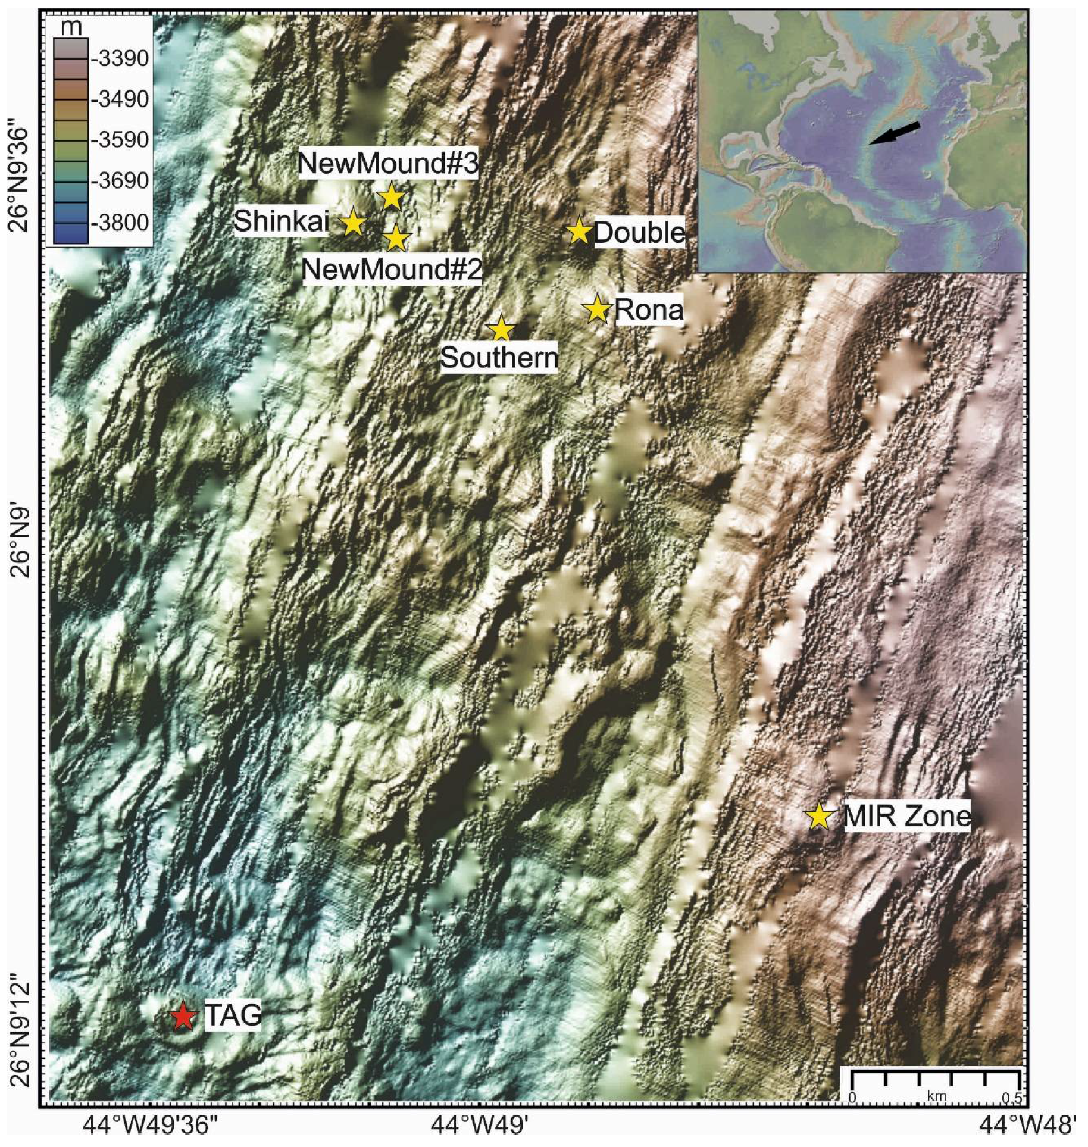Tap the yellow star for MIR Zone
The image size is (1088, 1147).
pos(819,817)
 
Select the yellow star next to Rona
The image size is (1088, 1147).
pos(597,309)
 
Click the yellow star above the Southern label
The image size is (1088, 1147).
pos(501,329)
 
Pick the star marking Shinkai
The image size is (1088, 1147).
pos(353,223)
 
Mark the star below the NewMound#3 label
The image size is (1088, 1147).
pos(391,198)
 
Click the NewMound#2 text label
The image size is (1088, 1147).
pos(392,270)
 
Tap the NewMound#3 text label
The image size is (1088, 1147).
pos(388,163)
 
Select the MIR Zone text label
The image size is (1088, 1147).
pos(907,816)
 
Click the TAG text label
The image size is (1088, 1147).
pos(233,1015)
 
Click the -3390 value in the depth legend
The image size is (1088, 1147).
pos(120,58)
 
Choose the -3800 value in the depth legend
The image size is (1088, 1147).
pos(120,223)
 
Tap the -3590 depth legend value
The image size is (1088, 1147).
pos(120,140)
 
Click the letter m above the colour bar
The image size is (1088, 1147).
pos(71,27)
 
